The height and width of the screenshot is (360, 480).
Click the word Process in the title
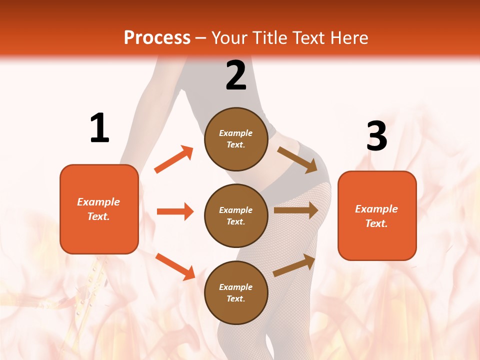click(157, 38)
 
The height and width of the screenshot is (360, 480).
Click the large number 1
click(99, 128)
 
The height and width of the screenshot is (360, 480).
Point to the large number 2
click(236, 75)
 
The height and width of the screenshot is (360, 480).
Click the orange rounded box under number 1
click(99, 209)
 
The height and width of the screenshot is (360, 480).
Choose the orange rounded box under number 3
click(377, 216)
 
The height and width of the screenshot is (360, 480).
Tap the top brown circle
click(236, 139)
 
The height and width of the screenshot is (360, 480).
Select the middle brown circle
click(236, 215)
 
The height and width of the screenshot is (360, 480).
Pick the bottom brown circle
click(236, 292)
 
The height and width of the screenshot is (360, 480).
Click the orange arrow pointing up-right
click(174, 159)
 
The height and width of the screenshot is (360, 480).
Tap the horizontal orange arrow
click(175, 211)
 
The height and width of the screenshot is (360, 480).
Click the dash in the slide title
click(201, 38)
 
